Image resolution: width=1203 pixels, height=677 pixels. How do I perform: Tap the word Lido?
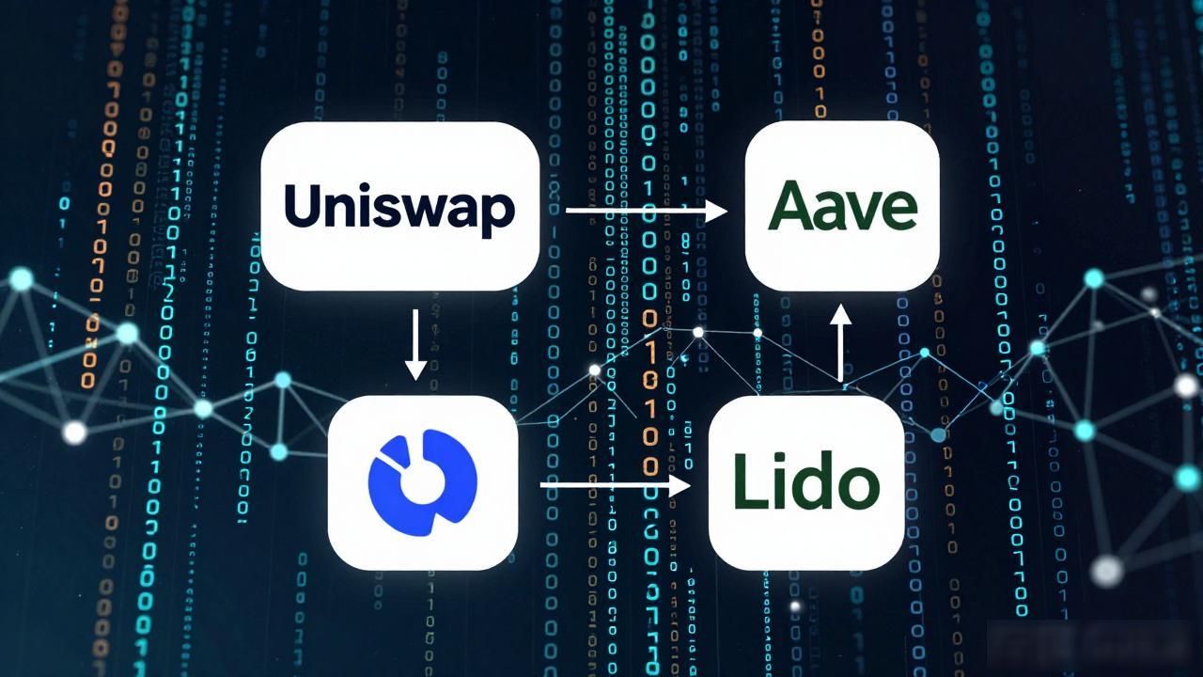click(x=806, y=482)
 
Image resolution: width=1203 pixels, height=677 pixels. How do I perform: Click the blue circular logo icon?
click(x=423, y=482)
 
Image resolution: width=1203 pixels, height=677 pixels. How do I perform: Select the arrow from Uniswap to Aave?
click(x=647, y=210)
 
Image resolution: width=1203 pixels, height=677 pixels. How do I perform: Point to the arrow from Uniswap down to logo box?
click(x=415, y=344)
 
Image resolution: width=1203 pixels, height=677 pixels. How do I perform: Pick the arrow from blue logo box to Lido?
click(x=615, y=485)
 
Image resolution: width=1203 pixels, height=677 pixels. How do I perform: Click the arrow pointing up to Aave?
click(x=840, y=343)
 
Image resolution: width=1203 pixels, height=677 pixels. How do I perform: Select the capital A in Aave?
click(x=790, y=205)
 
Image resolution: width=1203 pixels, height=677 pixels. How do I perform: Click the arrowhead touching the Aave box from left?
click(x=716, y=210)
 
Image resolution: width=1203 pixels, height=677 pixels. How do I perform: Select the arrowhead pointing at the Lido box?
click(x=680, y=485)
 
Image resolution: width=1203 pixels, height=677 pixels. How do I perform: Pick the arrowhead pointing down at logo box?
click(x=415, y=370)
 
